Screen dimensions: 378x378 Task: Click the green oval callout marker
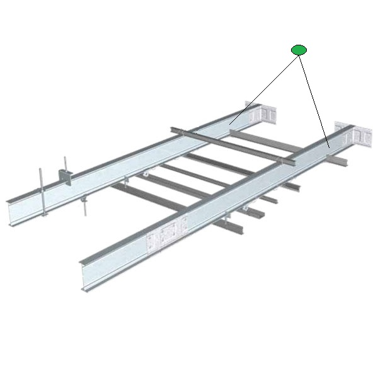click(299, 50)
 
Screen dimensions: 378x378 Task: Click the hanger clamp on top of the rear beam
click(65, 176)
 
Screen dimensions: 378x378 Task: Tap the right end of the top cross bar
click(292, 163)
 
